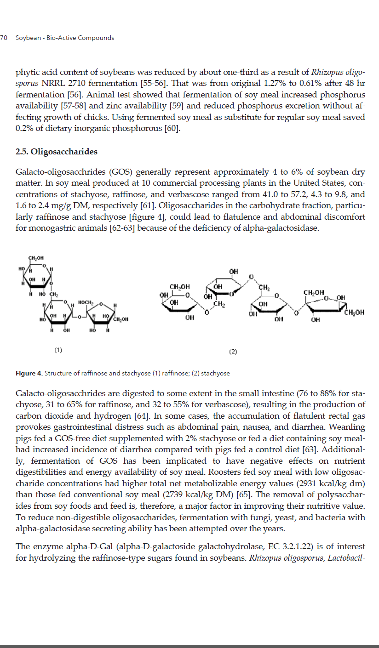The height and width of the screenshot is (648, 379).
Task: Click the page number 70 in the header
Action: coord(4,38)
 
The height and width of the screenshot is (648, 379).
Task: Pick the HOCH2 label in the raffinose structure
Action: coord(86,303)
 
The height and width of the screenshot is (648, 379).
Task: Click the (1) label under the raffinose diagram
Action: coord(58,351)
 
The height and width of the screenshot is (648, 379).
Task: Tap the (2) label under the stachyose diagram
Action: coord(233,352)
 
